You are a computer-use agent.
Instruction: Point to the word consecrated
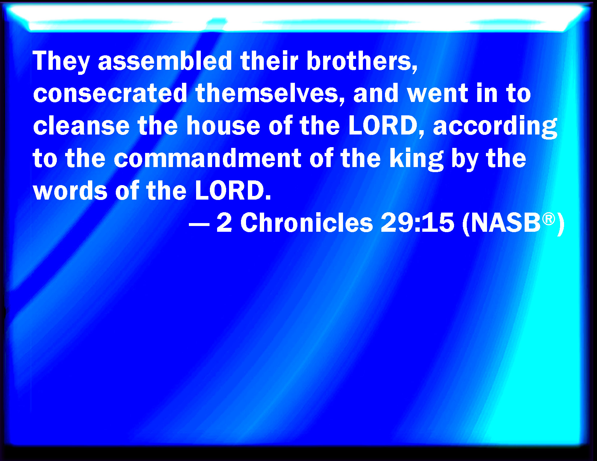[x=110, y=93]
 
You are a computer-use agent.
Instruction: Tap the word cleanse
[x=81, y=125]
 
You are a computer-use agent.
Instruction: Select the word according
[x=495, y=127]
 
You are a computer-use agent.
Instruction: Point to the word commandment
[x=207, y=158]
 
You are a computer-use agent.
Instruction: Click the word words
[x=70, y=191]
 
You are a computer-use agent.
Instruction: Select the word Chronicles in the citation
[x=306, y=223]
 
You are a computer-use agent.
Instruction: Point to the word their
[x=269, y=61]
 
